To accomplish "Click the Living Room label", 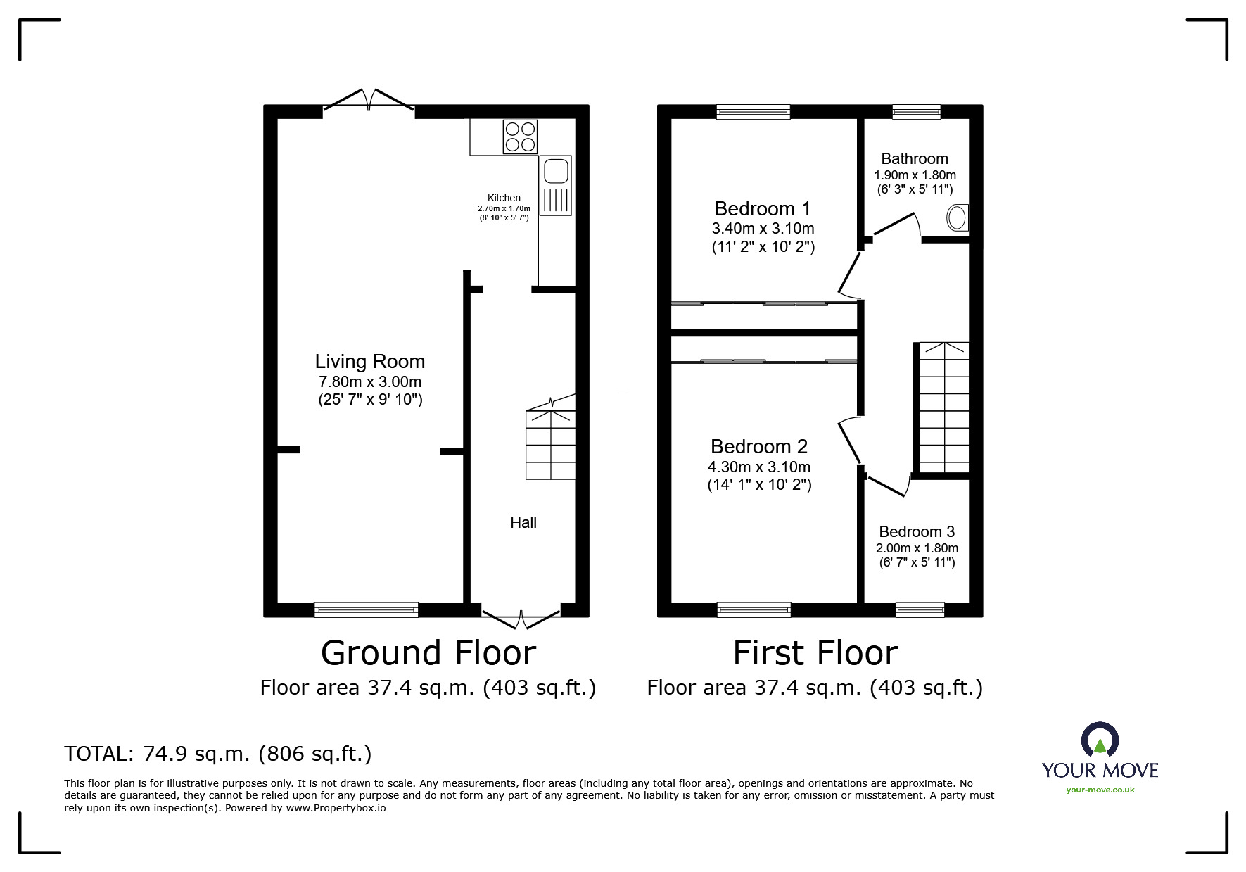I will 369,362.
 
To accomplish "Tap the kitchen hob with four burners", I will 520,137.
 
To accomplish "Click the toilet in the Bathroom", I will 958,218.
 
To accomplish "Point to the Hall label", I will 523,522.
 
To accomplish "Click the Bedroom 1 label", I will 762,209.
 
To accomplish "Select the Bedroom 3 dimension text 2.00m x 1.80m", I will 916,548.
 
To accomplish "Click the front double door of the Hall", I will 521,618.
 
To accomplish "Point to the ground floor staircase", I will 550,443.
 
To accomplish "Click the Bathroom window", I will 916,112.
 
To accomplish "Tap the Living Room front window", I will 366,609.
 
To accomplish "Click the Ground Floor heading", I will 428,652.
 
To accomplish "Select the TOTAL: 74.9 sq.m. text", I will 217,754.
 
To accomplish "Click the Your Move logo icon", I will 1100,740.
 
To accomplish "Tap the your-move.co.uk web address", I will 1100,790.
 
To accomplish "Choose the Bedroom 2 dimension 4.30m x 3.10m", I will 758,467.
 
